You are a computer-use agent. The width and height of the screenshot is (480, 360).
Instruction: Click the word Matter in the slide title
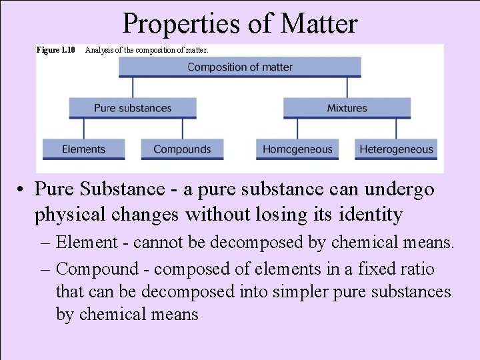tap(319, 24)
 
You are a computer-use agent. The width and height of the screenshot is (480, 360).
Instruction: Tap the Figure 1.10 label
tap(55, 50)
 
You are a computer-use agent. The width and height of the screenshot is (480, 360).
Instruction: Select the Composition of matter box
tap(240, 67)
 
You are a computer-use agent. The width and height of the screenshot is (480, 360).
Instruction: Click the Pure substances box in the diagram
tap(133, 108)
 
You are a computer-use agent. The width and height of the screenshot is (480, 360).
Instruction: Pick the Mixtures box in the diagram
tap(347, 108)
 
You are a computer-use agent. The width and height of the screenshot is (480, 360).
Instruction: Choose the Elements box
tap(84, 149)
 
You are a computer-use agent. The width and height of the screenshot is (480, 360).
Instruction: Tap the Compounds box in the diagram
tap(182, 149)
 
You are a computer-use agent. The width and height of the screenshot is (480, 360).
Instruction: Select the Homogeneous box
tap(297, 149)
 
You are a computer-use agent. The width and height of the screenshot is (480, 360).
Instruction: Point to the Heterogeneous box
tap(396, 149)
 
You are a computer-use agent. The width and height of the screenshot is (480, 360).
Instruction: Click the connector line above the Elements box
tap(84, 129)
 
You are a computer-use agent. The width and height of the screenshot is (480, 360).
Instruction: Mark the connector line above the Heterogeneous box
tap(396, 129)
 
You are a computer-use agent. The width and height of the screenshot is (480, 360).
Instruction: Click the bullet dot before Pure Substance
tap(23, 190)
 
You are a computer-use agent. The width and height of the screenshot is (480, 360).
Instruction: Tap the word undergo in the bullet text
tap(398, 189)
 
